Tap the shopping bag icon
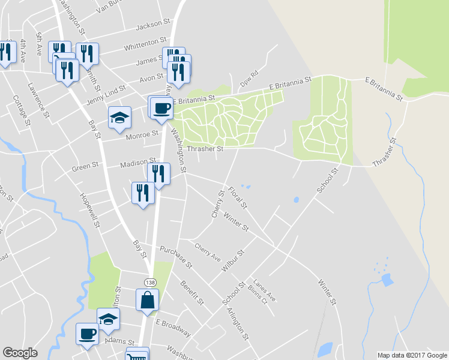pyautogui.click(x=148, y=299)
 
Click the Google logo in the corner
pyautogui.click(x=20, y=353)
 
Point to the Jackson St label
pyautogui.click(x=153, y=25)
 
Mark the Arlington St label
pyautogui.click(x=238, y=324)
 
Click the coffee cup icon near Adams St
pyautogui.click(x=87, y=333)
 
